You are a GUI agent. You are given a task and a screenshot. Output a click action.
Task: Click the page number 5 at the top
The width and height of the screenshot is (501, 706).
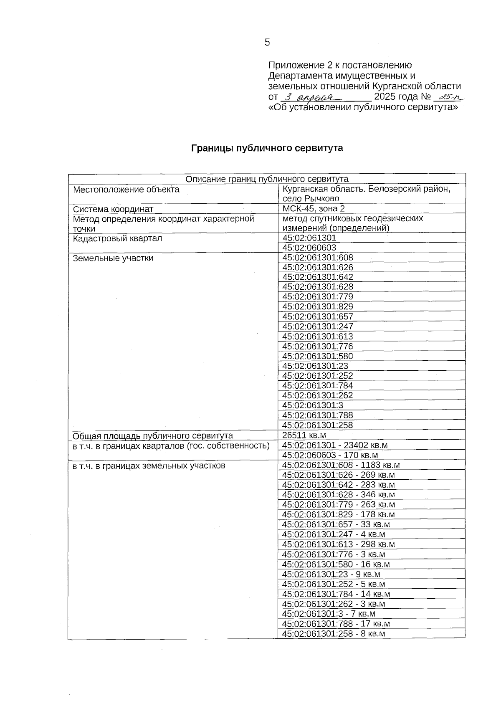[x=267, y=42]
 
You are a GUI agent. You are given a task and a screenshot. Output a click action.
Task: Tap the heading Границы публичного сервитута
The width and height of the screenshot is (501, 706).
[x=267, y=148]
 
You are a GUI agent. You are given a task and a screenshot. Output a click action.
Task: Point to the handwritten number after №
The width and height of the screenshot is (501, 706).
[x=449, y=97]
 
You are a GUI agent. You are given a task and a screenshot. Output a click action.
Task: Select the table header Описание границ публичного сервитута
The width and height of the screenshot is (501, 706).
[x=267, y=179]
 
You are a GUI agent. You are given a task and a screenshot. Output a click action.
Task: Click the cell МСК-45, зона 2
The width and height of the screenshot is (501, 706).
[x=314, y=209]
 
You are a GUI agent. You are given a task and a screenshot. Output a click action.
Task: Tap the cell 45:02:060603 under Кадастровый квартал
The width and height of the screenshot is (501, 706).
[x=309, y=248]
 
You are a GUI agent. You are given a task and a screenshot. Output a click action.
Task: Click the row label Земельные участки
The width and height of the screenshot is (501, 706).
[x=113, y=258]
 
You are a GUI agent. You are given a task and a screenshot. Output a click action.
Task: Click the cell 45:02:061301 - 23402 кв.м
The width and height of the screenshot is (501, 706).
[x=335, y=445]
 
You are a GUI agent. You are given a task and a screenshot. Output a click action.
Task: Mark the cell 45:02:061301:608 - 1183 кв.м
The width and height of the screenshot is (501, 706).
[x=341, y=465]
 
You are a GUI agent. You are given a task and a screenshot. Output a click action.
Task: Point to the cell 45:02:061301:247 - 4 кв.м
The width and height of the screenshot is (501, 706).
[x=334, y=534]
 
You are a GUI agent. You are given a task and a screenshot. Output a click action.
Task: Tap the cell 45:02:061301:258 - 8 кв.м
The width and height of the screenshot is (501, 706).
[x=334, y=634]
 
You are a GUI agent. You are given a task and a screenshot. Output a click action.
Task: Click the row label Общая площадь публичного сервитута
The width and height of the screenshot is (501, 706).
[x=153, y=436]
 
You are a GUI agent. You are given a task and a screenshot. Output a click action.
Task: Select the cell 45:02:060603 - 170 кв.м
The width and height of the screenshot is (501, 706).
[x=330, y=455]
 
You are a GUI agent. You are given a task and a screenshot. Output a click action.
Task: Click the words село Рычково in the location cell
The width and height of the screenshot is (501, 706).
[x=311, y=199]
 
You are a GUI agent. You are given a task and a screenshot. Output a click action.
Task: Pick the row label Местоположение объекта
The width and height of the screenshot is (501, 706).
[x=126, y=190]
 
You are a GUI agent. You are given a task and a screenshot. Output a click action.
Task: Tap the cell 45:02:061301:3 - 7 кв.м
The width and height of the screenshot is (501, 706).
[x=329, y=614]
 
